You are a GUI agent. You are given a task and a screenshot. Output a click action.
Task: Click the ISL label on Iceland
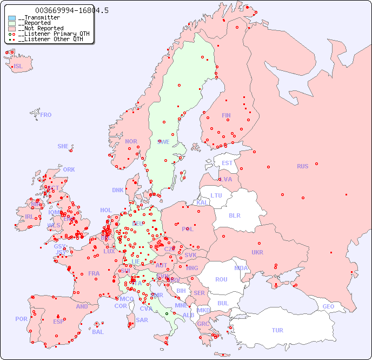pyautogui.click(x=18, y=67)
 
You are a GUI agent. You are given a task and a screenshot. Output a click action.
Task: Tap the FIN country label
pyautogui.click(x=226, y=115)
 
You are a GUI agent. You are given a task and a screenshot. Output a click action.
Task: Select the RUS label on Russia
pyautogui.click(x=302, y=166)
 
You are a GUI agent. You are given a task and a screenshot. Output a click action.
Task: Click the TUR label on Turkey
pyautogui.click(x=277, y=330)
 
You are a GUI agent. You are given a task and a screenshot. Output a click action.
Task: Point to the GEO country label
pyautogui.click(x=328, y=306)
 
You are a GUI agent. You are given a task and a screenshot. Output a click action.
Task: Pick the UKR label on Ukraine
pyautogui.click(x=257, y=252)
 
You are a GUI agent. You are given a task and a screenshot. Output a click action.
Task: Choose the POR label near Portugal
pyautogui.click(x=21, y=319)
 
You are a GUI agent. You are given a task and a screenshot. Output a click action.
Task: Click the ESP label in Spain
pyautogui.click(x=58, y=321)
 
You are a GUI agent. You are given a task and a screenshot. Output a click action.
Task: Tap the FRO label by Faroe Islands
pyautogui.click(x=46, y=115)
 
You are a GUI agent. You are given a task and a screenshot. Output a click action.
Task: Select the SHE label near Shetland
pyautogui.click(x=63, y=146)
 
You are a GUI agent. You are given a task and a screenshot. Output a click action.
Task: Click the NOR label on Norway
pyautogui.click(x=131, y=141)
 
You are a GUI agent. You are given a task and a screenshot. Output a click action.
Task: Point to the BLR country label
pyautogui.click(x=234, y=215)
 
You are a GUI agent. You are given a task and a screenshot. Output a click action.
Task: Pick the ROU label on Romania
pyautogui.click(x=221, y=279)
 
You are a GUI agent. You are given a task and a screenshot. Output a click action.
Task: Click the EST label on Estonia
pyautogui.click(x=227, y=163)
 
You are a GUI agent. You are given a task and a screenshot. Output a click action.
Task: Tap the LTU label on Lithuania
pyautogui.click(x=216, y=195)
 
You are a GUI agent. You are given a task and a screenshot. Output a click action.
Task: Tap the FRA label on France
pyautogui.click(x=94, y=273)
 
